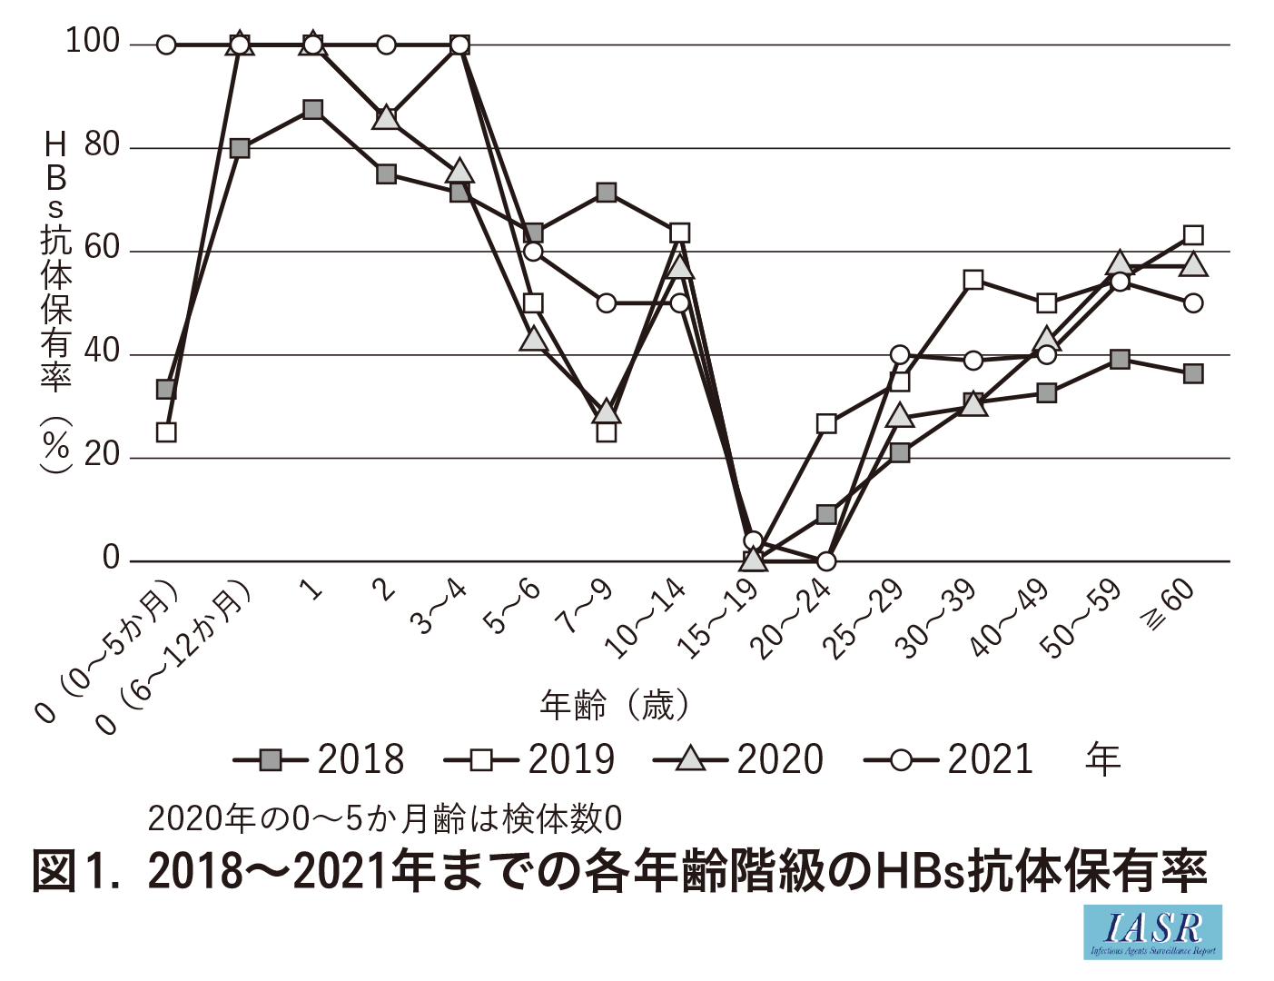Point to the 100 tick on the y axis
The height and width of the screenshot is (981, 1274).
[93, 41]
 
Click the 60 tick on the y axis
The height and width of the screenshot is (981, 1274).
[102, 248]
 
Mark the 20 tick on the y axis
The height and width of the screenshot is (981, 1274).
[102, 454]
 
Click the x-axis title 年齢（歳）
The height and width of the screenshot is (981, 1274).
[615, 705]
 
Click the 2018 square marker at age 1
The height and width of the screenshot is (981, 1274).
[312, 110]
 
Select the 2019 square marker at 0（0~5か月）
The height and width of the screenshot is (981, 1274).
[166, 432]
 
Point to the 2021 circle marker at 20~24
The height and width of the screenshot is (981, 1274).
[826, 561]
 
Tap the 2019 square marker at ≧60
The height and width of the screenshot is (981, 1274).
[1193, 235]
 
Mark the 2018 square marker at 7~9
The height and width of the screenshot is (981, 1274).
[607, 193]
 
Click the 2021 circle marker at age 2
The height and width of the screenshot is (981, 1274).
[386, 45]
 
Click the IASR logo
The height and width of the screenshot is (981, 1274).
[1152, 932]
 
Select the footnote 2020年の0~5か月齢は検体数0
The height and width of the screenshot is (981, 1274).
[385, 819]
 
